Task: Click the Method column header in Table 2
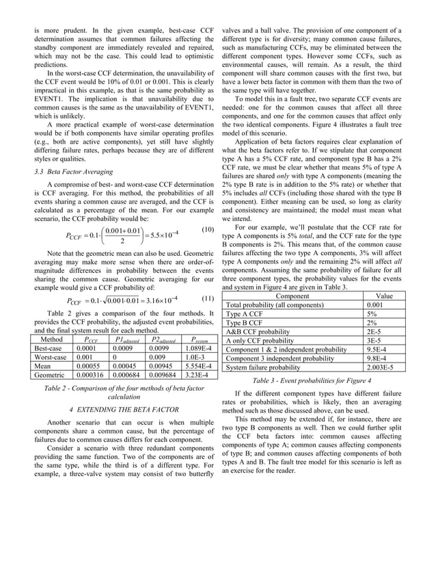point(53,339)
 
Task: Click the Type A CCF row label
point(247,314)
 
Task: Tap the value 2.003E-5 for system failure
point(380,366)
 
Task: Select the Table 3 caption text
point(321,380)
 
